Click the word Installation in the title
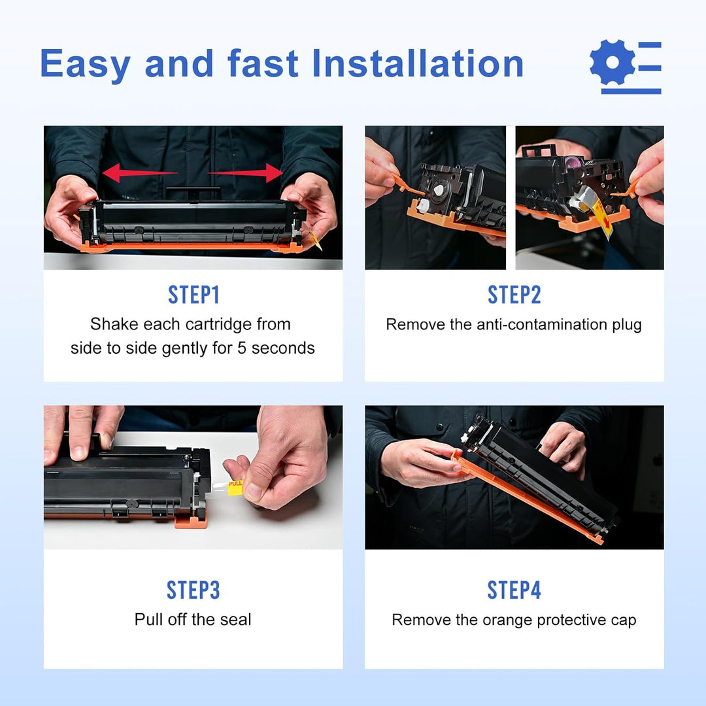click(x=417, y=63)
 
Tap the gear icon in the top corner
click(x=613, y=62)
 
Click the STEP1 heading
click(x=193, y=295)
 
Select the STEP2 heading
click(x=514, y=295)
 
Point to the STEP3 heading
click(x=193, y=590)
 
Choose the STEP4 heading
click(x=514, y=590)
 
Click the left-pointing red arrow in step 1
click(x=140, y=173)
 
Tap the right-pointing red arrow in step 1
click(x=245, y=173)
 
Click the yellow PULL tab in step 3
click(x=235, y=488)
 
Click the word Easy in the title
click(x=85, y=64)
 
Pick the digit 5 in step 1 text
click(x=242, y=348)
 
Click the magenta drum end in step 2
click(x=574, y=162)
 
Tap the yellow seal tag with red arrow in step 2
click(x=603, y=218)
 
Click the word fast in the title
click(x=263, y=63)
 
